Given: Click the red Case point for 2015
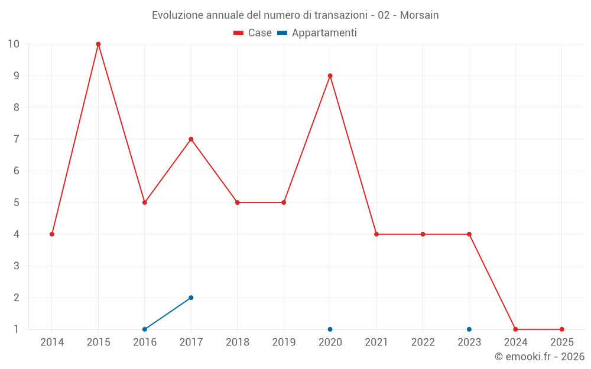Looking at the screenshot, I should pyautogui.click(x=98, y=44).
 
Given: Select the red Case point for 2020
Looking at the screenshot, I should pyautogui.click(x=330, y=76).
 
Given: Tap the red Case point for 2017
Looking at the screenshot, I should pyautogui.click(x=191, y=139).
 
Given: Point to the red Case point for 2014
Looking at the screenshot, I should pyautogui.click(x=52, y=234).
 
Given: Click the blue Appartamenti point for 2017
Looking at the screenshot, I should pyautogui.click(x=191, y=298).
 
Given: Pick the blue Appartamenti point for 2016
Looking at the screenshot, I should pyautogui.click(x=145, y=329).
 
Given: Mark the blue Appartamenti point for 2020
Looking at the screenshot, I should pyautogui.click(x=330, y=329).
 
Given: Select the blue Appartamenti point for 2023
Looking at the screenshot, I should pyautogui.click(x=469, y=329).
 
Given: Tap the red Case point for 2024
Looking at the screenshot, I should pyautogui.click(x=515, y=329).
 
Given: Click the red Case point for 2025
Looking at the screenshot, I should pyautogui.click(x=561, y=329).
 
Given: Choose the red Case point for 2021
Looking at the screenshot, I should pyautogui.click(x=376, y=234).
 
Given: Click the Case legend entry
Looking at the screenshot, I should pyautogui.click(x=252, y=33).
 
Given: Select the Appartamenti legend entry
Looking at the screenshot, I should pyautogui.click(x=317, y=33).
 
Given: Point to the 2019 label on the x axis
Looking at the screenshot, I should pyautogui.click(x=284, y=342).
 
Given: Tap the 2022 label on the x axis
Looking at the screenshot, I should pyautogui.click(x=423, y=342).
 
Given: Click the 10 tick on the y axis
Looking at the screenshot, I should pyautogui.click(x=13, y=44).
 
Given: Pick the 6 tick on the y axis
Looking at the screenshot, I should pyautogui.click(x=16, y=171).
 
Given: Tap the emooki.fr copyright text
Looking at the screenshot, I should pyautogui.click(x=539, y=357).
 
